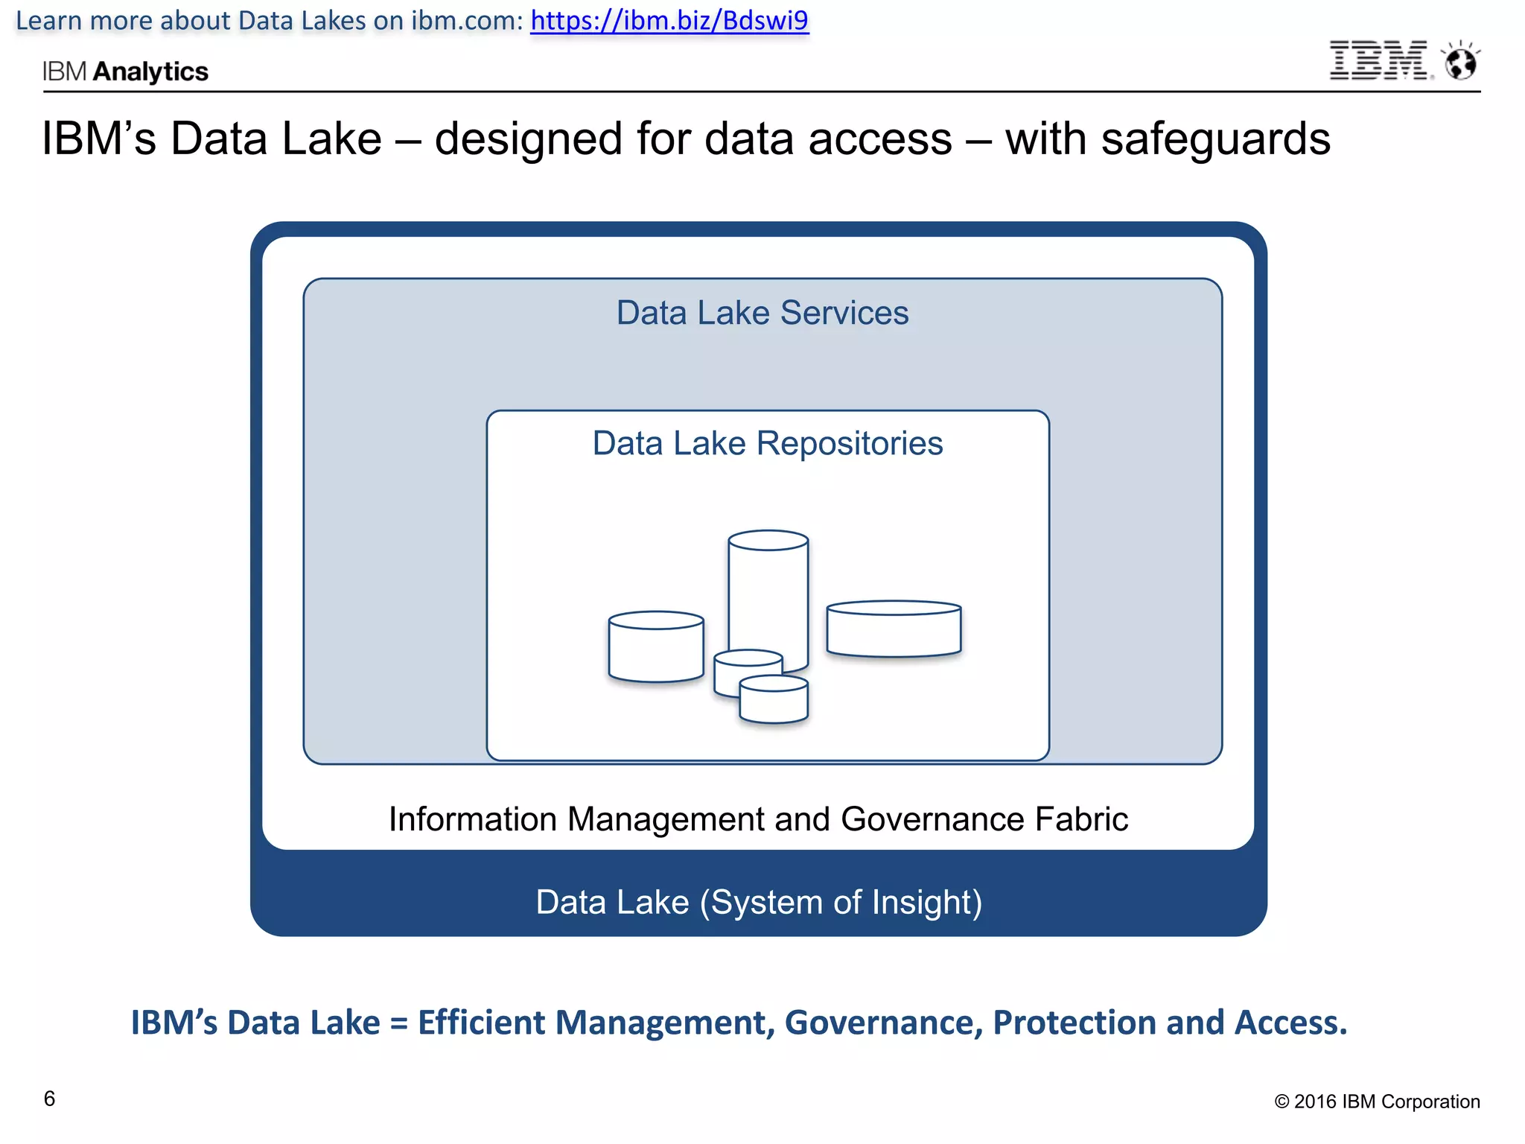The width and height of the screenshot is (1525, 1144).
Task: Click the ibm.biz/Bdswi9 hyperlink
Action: pos(669,20)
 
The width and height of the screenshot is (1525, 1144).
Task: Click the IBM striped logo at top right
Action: pos(1378,60)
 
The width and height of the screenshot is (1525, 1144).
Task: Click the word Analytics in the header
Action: pos(150,71)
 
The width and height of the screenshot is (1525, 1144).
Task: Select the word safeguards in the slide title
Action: pos(1215,139)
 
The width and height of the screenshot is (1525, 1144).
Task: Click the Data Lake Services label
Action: pos(762,313)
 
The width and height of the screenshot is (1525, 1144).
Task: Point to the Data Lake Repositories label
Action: pos(767,443)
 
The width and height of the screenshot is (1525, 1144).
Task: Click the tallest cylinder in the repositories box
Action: pos(768,588)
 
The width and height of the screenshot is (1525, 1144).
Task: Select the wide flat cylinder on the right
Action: pos(893,629)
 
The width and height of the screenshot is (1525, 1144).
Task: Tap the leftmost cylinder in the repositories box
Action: pos(655,648)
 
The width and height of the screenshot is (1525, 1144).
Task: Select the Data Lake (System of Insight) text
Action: pos(759,902)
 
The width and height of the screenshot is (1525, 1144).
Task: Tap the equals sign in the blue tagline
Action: pos(398,1023)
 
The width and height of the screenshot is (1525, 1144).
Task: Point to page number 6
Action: pos(49,1099)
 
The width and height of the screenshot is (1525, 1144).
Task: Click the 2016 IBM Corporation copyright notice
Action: pos(1377,1102)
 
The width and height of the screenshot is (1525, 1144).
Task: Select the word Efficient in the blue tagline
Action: pos(481,1023)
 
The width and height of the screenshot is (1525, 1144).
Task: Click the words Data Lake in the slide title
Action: pos(276,139)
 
